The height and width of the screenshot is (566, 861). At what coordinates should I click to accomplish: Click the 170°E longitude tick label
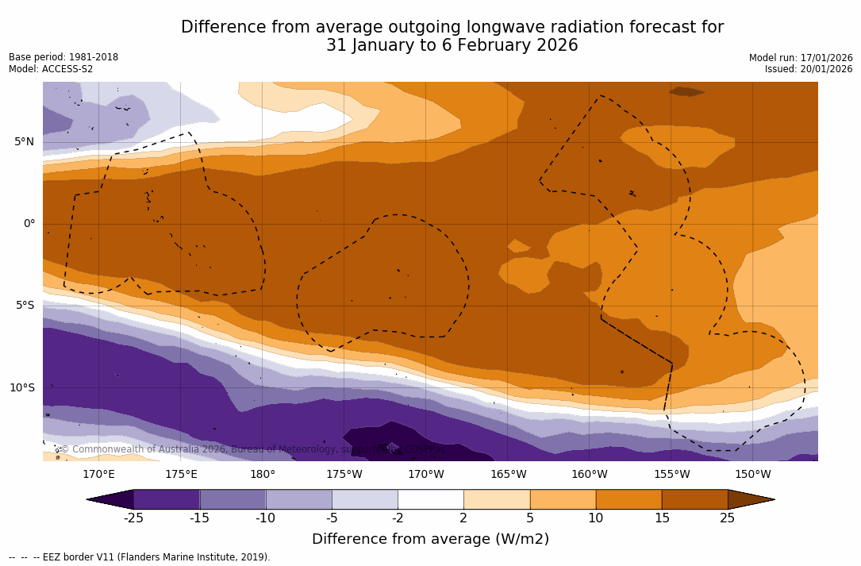[98, 475]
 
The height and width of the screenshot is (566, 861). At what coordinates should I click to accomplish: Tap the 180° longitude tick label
[262, 475]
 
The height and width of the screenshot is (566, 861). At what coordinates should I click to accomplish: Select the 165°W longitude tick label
[508, 475]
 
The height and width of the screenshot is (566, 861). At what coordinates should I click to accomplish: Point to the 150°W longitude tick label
[752, 475]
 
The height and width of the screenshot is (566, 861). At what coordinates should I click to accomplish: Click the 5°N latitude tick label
[24, 142]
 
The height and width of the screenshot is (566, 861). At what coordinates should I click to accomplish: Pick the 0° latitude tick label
[29, 224]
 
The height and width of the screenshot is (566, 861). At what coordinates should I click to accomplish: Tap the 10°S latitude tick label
[21, 388]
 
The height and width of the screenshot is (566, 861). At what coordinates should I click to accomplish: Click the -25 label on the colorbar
[133, 518]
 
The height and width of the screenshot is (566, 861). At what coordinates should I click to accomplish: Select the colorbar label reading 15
[661, 518]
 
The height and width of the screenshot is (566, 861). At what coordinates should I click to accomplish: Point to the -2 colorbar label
[397, 518]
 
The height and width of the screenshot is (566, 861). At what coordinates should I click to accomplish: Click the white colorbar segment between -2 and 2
[430, 499]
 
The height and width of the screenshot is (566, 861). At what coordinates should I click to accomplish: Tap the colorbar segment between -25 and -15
[167, 499]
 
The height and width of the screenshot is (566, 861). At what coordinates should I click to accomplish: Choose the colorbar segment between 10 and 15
[628, 499]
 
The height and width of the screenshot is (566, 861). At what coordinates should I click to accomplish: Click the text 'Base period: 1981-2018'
[63, 57]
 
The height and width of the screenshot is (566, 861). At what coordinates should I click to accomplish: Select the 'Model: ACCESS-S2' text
[51, 69]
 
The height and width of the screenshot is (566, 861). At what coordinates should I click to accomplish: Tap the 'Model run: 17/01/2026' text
[801, 58]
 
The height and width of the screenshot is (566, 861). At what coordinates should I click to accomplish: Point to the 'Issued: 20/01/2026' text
[809, 69]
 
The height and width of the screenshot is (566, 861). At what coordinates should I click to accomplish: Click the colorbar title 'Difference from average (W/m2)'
[430, 539]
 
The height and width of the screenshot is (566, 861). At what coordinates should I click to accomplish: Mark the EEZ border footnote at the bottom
[140, 557]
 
